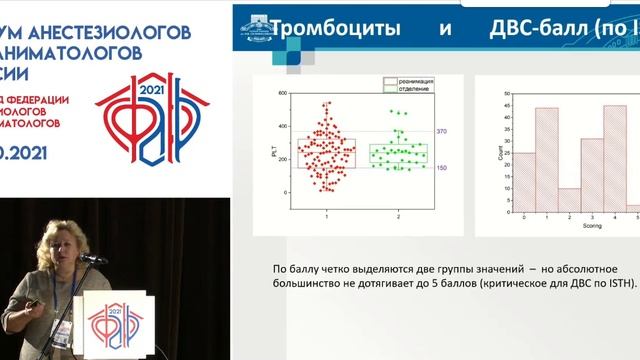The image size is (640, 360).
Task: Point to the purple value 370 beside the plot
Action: pyautogui.click(x=441, y=131)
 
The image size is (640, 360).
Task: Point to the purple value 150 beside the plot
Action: pyautogui.click(x=441, y=167)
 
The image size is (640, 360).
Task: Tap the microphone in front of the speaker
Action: pyautogui.click(x=92, y=259)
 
